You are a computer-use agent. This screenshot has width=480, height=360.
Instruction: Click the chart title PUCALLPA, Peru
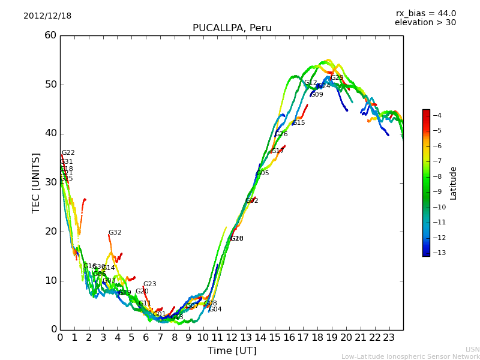tap(232, 28)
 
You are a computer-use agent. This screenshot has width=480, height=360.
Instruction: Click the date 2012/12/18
tap(47, 16)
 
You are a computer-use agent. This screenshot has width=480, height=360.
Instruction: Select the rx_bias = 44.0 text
tap(425, 14)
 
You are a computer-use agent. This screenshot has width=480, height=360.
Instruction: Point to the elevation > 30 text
tap(425, 23)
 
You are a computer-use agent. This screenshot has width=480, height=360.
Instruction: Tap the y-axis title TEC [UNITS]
tap(36, 182)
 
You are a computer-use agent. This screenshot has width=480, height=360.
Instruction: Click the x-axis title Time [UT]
tap(232, 350)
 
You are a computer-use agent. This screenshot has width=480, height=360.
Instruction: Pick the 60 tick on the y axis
tap(50, 35)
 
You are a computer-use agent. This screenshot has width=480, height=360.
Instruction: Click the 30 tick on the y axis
tap(50, 182)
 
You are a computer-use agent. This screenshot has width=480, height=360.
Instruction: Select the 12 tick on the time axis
tap(232, 337)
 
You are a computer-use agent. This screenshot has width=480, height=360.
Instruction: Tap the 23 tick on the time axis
tap(389, 337)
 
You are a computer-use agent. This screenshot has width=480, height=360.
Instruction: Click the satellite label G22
tap(68, 153)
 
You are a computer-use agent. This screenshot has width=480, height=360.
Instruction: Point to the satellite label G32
tap(115, 233)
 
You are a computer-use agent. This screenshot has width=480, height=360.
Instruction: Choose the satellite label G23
tap(149, 284)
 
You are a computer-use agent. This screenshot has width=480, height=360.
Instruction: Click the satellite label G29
tap(337, 78)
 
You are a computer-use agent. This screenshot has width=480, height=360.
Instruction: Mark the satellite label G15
tap(299, 123)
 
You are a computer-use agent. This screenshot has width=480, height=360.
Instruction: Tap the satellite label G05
tap(263, 173)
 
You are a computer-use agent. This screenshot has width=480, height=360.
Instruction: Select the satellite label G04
tap(215, 310)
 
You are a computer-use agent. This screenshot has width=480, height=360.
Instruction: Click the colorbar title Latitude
tap(454, 182)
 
